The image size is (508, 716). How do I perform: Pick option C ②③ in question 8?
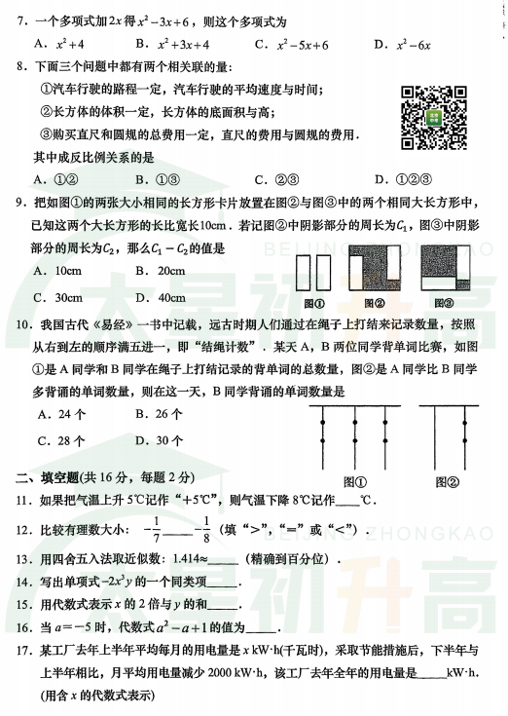[x=276, y=179]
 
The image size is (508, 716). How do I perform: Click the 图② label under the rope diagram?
[x=448, y=481]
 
